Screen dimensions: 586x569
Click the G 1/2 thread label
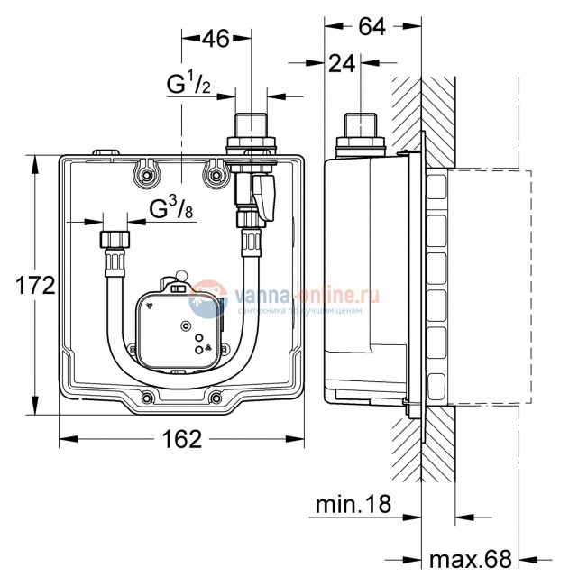click(188, 86)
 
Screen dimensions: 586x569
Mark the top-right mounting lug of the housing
click(213, 174)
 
